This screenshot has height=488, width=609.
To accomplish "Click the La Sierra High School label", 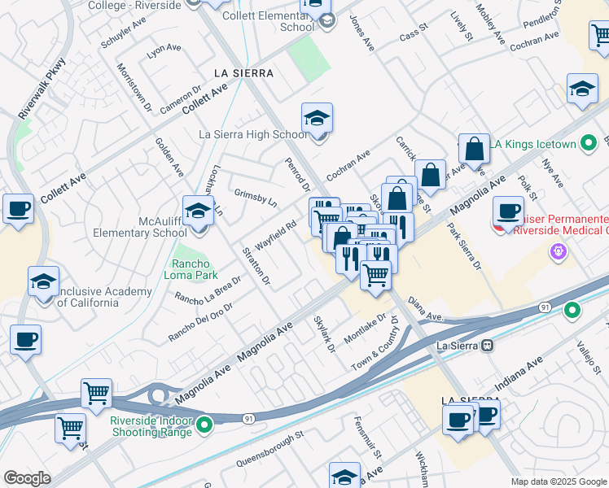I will click(253, 134).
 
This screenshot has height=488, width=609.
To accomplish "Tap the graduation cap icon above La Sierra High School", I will click(317, 119).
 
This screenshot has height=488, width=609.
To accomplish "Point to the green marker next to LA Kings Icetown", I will click(587, 144).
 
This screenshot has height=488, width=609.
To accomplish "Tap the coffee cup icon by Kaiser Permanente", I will click(509, 211).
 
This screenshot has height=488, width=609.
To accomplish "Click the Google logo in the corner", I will click(27, 478).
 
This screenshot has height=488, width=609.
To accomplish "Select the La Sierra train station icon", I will click(487, 345).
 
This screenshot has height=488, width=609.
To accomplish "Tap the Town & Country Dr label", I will click(377, 341).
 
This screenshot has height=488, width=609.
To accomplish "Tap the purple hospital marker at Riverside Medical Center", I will click(558, 251).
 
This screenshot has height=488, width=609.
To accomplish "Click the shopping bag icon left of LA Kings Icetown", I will click(474, 150).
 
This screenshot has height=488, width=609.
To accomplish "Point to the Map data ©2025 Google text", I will click(558, 481).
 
